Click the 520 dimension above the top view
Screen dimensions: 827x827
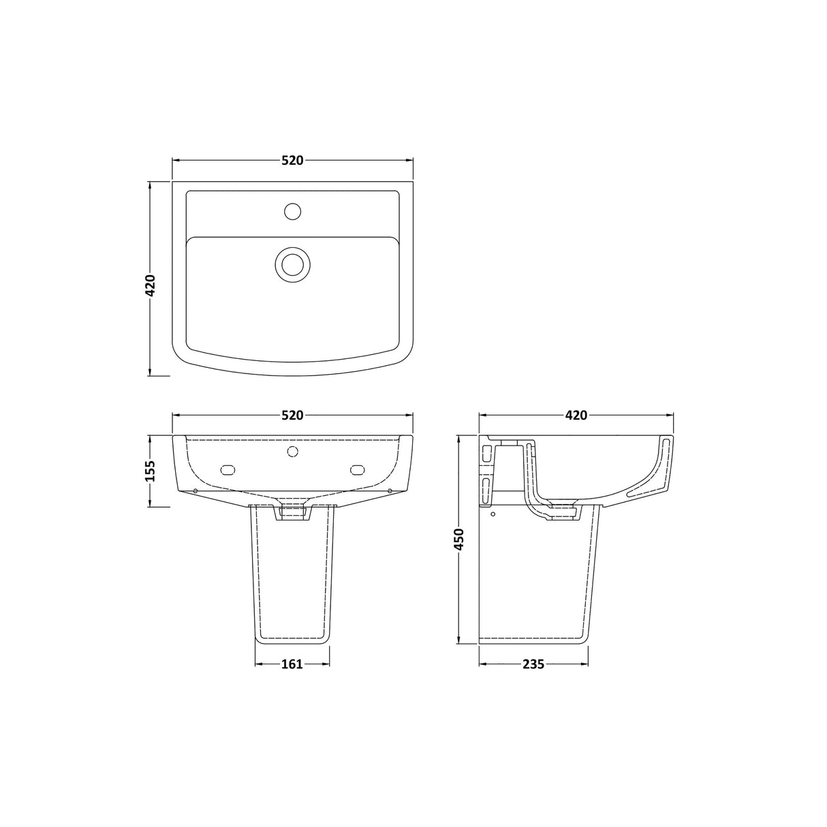[292, 161]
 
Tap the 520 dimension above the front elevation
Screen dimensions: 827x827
[292, 415]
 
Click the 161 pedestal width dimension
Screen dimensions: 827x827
[292, 664]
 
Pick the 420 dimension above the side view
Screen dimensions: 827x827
[576, 415]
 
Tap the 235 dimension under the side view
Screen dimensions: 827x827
[533, 664]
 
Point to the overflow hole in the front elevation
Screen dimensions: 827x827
[293, 451]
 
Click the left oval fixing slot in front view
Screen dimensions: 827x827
[228, 469]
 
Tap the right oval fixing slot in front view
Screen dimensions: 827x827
[358, 469]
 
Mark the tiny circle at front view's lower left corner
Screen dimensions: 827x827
[196, 490]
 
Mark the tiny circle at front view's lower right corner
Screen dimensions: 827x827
[389, 490]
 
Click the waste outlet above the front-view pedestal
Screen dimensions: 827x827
[293, 512]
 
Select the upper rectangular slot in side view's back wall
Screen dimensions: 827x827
[486, 454]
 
